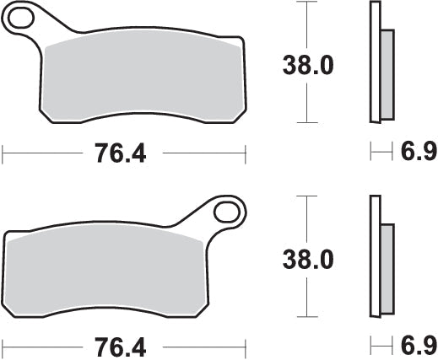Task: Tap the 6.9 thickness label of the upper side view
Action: (419, 153)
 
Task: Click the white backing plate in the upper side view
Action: (375, 63)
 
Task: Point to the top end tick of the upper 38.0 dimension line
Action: (306, 3)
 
